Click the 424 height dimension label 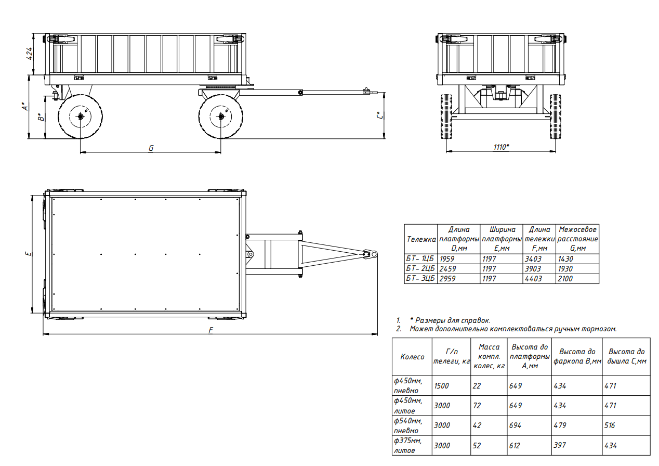coord(30,54)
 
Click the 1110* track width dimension coord(502,147)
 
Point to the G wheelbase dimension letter coord(151,148)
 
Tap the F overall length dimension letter coord(210,330)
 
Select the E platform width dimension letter coord(28,253)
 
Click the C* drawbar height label coord(380,115)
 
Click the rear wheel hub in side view coord(80,116)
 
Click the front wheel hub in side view coord(221,116)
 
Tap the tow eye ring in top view coord(374,254)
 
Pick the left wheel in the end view coord(446,116)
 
